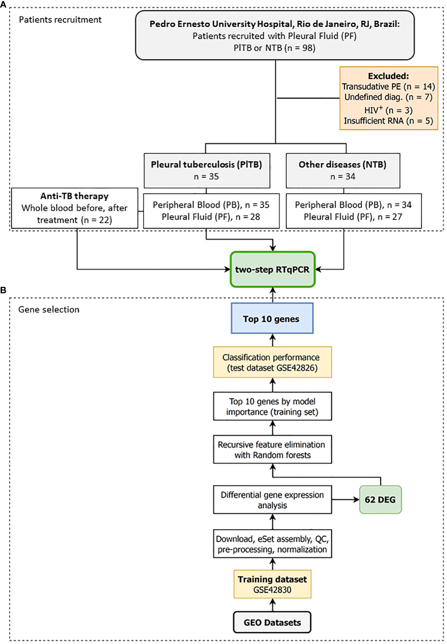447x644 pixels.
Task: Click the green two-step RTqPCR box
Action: [273, 269]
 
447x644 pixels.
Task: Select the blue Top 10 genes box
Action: [272, 319]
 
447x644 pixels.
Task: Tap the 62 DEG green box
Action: [380, 499]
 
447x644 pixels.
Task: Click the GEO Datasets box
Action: [272, 622]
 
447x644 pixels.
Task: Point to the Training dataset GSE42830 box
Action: [272, 584]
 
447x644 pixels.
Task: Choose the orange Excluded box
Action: [389, 98]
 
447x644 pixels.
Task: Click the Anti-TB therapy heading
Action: [75, 196]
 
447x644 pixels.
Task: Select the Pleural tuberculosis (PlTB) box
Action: [207, 170]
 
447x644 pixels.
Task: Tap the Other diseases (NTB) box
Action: [343, 170]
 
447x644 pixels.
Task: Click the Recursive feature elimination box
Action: [272, 449]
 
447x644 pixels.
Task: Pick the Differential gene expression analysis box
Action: [272, 499]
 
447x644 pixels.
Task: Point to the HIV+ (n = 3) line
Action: [388, 110]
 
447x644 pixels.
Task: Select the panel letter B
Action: [3, 290]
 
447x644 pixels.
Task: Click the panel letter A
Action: [3, 4]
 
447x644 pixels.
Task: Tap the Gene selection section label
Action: [49, 309]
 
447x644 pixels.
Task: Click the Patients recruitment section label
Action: [60, 20]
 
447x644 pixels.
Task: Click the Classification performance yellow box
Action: [272, 362]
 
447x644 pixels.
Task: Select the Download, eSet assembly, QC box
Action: [272, 544]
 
